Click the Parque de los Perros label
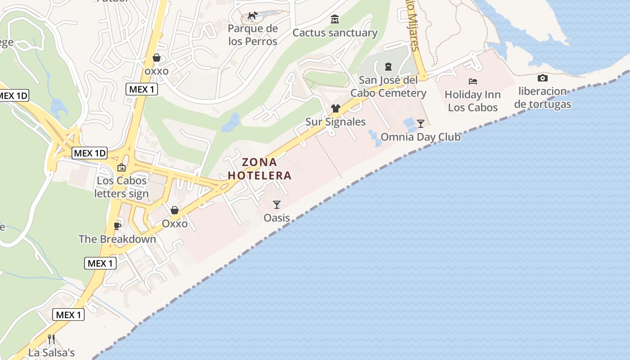click(252, 35)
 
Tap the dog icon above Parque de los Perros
click(253, 16)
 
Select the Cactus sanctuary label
click(335, 33)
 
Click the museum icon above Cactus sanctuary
click(335, 19)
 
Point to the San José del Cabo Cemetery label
click(388, 87)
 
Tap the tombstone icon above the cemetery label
click(388, 67)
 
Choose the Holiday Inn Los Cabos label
click(472, 101)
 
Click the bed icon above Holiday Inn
click(473, 81)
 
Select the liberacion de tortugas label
click(542, 98)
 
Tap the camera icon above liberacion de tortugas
click(543, 78)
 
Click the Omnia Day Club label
click(420, 137)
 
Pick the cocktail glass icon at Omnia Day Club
click(421, 124)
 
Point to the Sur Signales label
click(335, 122)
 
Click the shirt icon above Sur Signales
click(335, 108)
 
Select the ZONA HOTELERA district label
click(260, 169)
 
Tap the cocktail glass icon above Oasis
click(277, 205)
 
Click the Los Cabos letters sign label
click(121, 187)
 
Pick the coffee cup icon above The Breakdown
click(117, 225)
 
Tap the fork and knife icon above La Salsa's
click(51, 339)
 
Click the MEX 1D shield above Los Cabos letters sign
click(90, 153)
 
